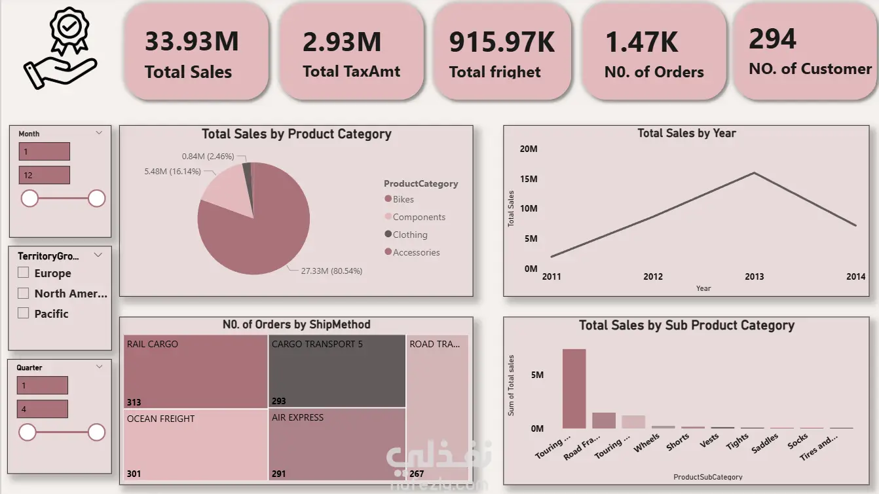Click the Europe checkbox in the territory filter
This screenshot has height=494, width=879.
[23, 273]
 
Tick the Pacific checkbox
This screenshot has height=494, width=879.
[23, 313]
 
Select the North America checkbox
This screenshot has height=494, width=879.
[23, 293]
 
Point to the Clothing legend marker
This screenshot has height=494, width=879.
[388, 234]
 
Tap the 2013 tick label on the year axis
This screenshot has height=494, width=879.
[754, 276]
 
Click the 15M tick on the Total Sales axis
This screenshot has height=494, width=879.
[529, 179]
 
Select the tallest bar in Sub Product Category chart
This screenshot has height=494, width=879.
[574, 389]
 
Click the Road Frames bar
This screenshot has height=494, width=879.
[604, 420]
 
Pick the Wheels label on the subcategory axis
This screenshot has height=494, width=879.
[646, 444]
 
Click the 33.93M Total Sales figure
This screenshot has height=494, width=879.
[192, 41]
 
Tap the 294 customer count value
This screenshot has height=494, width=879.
[772, 39]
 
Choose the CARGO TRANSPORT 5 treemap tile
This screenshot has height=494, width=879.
[337, 371]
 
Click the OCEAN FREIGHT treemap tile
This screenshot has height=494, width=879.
[195, 445]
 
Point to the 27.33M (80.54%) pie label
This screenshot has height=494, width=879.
[331, 271]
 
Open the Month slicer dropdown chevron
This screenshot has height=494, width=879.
[99, 133]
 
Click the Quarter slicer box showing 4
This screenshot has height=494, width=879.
[43, 409]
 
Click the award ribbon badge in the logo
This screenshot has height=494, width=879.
[69, 30]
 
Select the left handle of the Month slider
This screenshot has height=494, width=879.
[29, 198]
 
